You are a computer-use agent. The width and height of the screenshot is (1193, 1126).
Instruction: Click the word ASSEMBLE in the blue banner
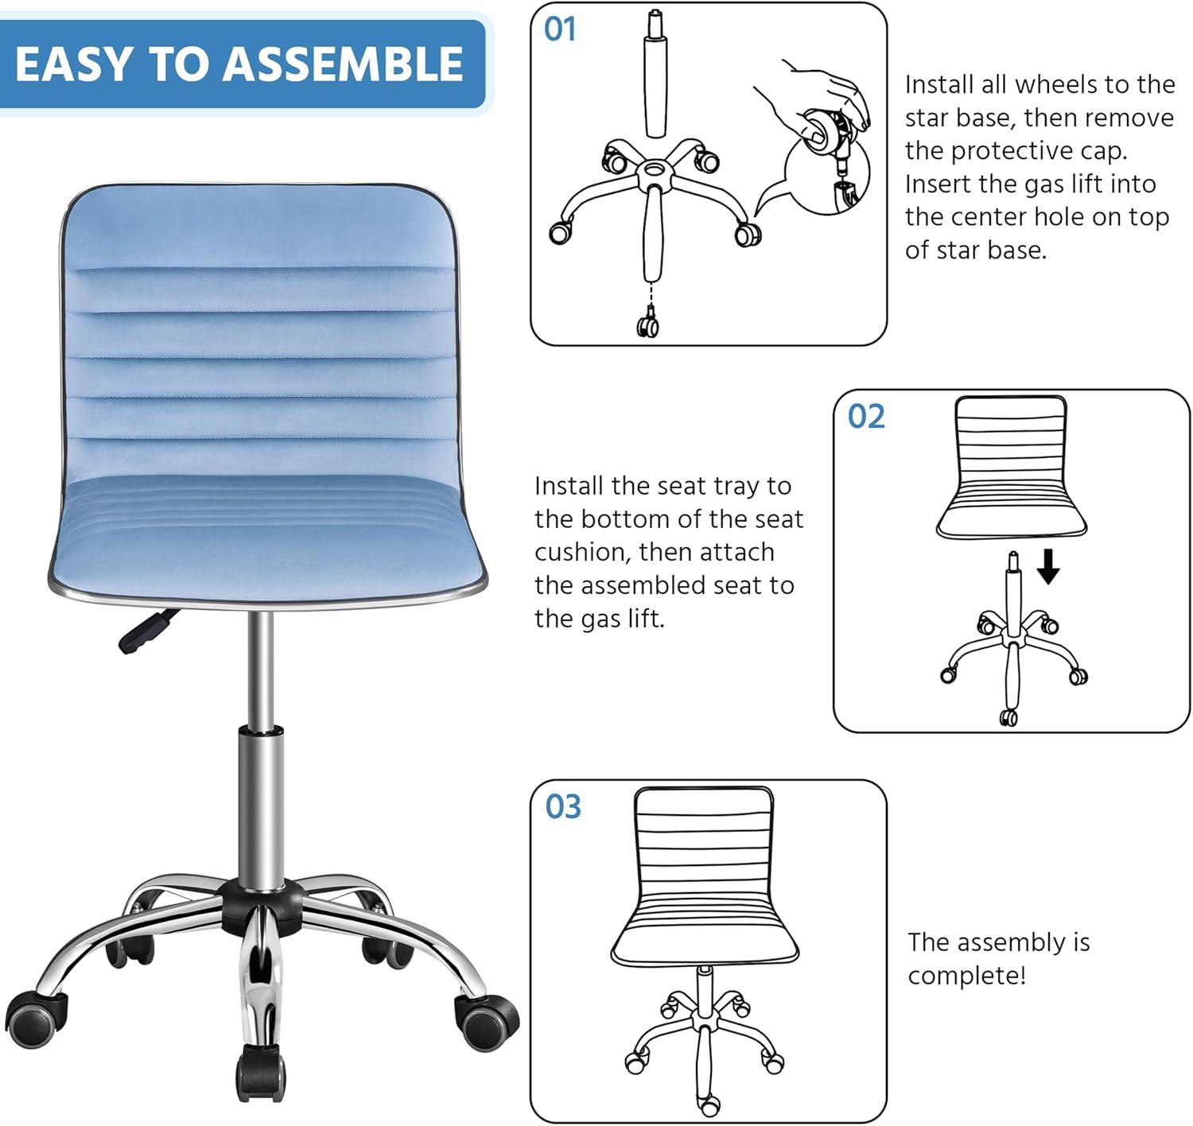click(343, 64)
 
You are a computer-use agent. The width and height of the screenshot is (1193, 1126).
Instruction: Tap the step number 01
click(560, 29)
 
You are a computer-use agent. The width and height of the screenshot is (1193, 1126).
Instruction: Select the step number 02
click(865, 417)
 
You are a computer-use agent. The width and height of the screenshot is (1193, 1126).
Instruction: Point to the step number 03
click(563, 806)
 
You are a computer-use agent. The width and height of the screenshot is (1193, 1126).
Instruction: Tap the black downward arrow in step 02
click(1048, 566)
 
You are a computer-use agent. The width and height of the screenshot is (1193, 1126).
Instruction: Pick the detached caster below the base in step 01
click(647, 324)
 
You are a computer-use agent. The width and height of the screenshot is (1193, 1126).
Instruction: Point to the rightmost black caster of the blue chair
click(487, 1016)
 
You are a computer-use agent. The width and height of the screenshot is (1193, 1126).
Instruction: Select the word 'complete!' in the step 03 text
click(966, 975)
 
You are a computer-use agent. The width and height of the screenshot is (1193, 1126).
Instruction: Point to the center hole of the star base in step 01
click(654, 169)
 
